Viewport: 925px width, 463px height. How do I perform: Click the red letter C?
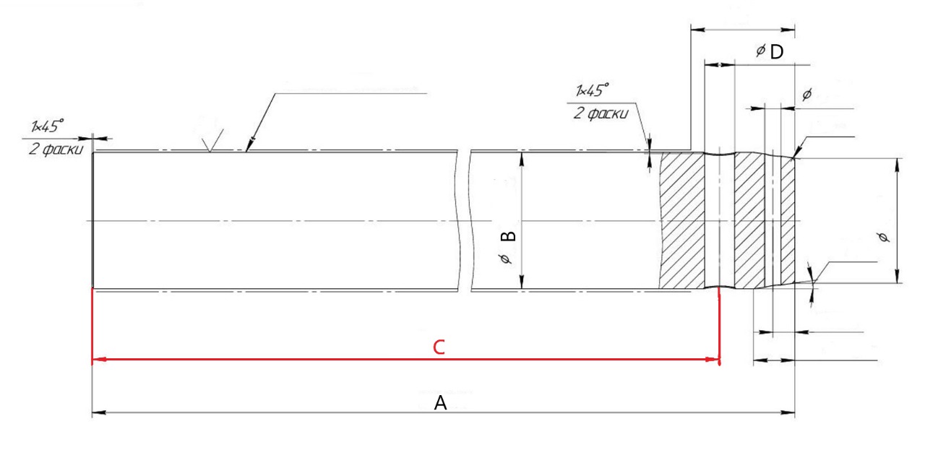(x=439, y=347)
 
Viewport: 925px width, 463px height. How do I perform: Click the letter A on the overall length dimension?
(x=440, y=403)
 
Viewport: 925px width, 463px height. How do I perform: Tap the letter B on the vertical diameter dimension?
(x=508, y=235)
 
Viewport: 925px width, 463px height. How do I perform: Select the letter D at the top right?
(x=777, y=52)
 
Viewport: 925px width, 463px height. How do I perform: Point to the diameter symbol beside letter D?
(x=760, y=51)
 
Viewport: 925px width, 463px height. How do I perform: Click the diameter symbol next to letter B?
(x=505, y=259)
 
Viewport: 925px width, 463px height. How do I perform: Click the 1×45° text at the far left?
(x=47, y=126)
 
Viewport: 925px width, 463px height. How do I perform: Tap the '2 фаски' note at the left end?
(x=56, y=149)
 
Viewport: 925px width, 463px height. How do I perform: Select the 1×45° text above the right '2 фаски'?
(x=592, y=90)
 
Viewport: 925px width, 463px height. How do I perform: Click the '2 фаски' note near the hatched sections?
(x=601, y=113)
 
